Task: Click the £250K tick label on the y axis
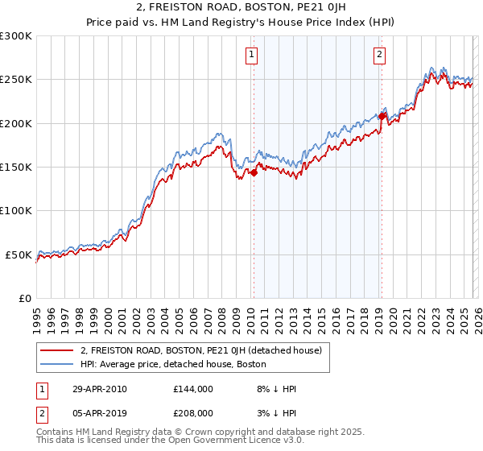tap(16, 80)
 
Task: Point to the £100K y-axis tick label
tap(16, 211)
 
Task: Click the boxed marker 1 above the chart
tap(252, 55)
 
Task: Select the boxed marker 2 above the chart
tap(379, 55)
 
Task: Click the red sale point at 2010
tap(253, 172)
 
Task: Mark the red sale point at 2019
tap(381, 116)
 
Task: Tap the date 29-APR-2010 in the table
tap(99, 389)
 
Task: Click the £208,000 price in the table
tap(193, 413)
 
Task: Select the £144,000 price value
tap(193, 389)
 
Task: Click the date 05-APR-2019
tap(99, 413)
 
